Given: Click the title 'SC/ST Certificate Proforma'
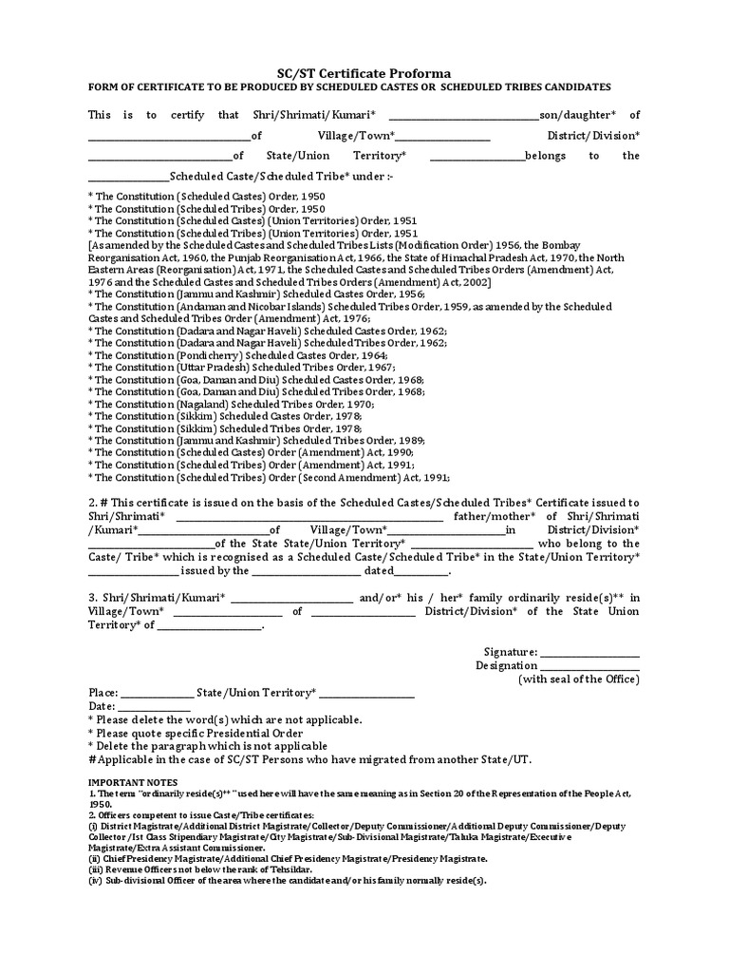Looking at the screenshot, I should pos(364,73).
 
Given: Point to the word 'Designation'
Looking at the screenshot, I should pos(507,666).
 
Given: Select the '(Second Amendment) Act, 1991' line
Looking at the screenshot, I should pos(269,478).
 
